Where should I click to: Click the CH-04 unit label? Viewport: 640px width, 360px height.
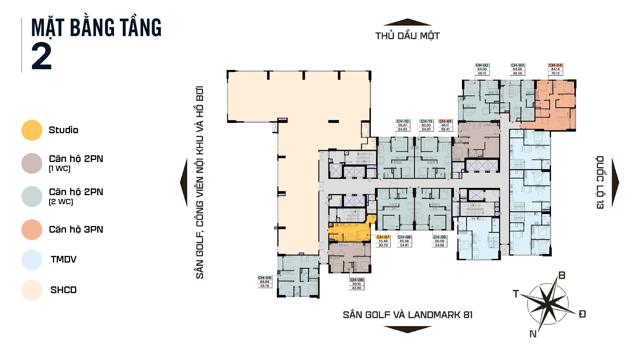pyautogui.click(x=555, y=69)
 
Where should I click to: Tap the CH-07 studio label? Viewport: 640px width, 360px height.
pyautogui.click(x=383, y=241)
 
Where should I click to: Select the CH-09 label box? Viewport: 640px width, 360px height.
pyautogui.click(x=265, y=282)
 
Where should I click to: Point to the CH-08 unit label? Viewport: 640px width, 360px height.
pyautogui.click(x=356, y=284)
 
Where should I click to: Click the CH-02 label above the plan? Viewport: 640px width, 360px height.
pyautogui.click(x=482, y=69)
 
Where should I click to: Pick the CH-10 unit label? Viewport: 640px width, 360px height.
pyautogui.click(x=403, y=125)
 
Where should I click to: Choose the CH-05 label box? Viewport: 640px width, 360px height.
pyautogui.click(x=439, y=241)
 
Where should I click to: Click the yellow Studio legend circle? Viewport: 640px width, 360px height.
pyautogui.click(x=32, y=130)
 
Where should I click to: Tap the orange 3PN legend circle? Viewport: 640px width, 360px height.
pyautogui.click(x=32, y=230)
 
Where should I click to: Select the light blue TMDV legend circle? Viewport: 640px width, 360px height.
pyautogui.click(x=32, y=260)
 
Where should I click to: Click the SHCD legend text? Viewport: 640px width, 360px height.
pyautogui.click(x=63, y=290)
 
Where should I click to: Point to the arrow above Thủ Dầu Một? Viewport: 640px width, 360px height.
pyautogui.click(x=407, y=22)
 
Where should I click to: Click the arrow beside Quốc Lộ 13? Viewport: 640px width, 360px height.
pyautogui.click(x=615, y=183)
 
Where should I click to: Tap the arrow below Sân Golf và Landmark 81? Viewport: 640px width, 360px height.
pyautogui.click(x=407, y=329)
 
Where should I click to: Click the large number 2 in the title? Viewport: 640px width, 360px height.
pyautogui.click(x=42, y=56)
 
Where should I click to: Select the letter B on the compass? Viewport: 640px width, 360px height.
pyautogui.click(x=562, y=275)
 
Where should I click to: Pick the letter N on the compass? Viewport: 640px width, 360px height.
pyautogui.click(x=533, y=334)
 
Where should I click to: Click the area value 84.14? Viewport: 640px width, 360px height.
pyautogui.click(x=555, y=69)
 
